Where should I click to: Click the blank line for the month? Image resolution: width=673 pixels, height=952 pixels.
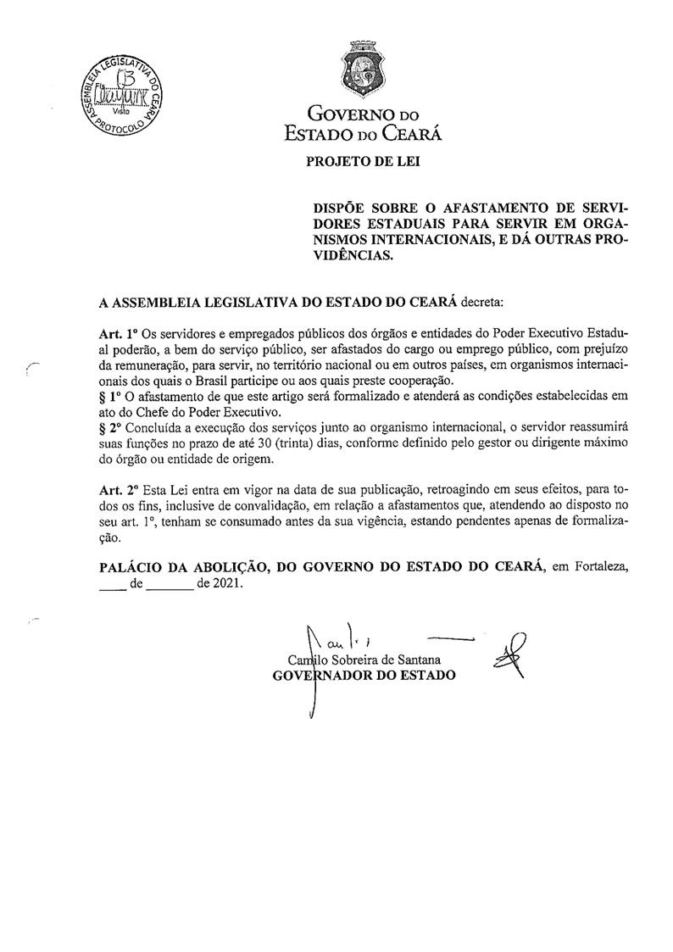[x=168, y=585]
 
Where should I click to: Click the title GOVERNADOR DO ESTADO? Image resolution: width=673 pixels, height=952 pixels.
[x=362, y=675]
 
